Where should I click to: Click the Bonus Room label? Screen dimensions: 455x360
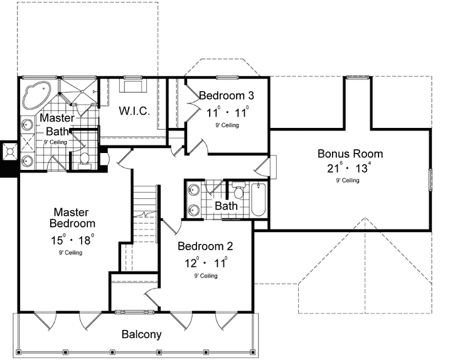(350, 154)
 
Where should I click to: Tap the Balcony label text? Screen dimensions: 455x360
(142, 334)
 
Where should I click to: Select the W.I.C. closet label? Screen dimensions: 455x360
(134, 111)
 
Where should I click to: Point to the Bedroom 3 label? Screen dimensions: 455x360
(227, 95)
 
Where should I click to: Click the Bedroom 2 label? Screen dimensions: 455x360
(205, 246)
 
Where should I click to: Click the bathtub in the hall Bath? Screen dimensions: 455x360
(259, 199)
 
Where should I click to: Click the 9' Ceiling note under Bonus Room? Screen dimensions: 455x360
(348, 181)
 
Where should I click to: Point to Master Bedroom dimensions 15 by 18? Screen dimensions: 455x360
(72, 240)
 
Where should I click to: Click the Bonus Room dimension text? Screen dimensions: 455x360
(349, 167)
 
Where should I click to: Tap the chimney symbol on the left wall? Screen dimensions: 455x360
(9, 151)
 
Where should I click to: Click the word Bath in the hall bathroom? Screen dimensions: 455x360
(226, 206)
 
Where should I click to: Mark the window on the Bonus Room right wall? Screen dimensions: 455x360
(431, 179)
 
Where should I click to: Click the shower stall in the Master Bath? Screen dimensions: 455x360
(78, 91)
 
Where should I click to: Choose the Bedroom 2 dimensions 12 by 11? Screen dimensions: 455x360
(206, 263)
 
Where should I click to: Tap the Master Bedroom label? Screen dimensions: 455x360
(72, 218)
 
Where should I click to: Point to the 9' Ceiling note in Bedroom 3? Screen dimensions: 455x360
(227, 125)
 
